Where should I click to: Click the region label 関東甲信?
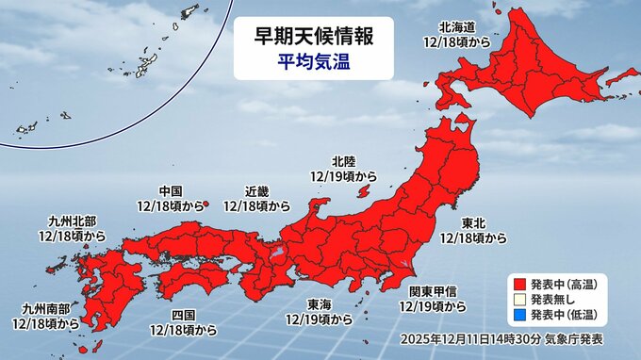tap(433, 292)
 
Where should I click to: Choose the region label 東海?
tap(318, 303)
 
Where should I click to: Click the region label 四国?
tap(184, 315)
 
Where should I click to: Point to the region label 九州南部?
tap(45, 308)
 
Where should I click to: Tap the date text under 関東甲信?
tap(433, 306)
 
